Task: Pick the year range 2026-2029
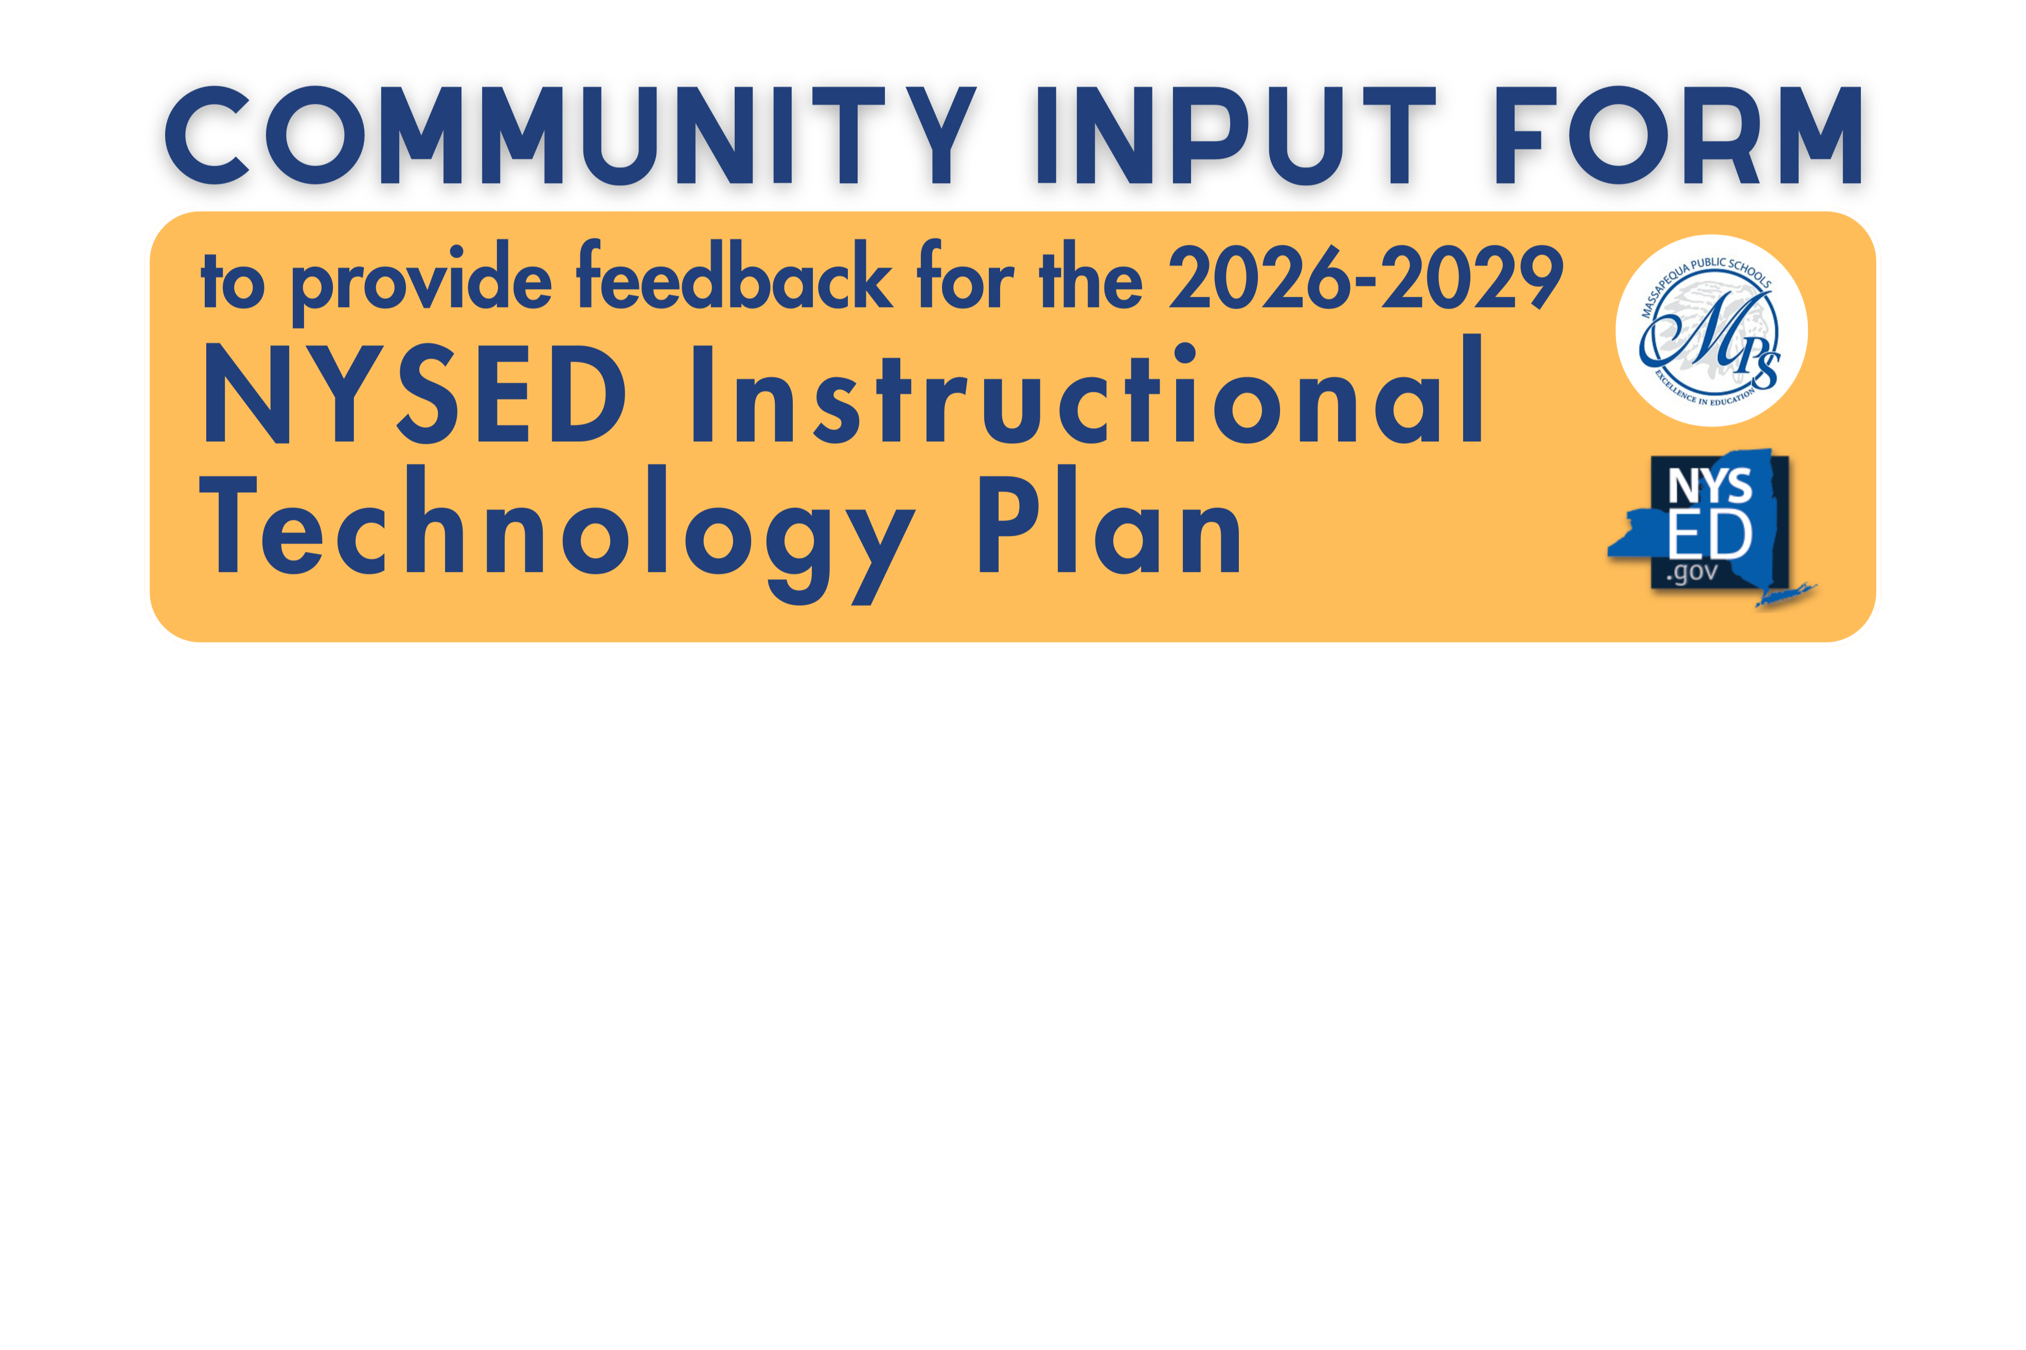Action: click(1365, 277)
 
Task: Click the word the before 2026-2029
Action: click(1090, 277)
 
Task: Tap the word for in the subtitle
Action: click(964, 277)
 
